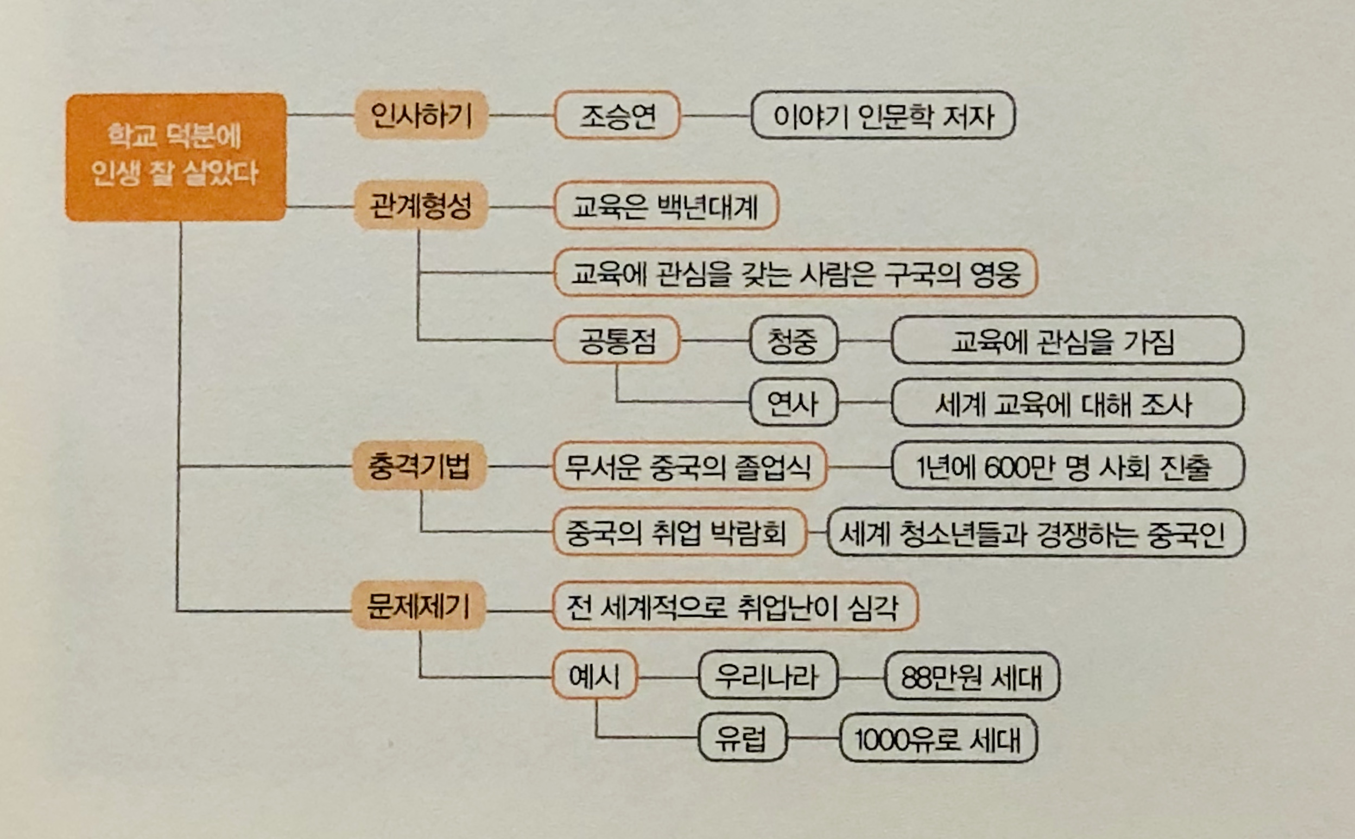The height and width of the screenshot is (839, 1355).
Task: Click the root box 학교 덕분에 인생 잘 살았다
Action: [175, 156]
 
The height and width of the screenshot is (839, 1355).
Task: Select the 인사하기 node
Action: [421, 115]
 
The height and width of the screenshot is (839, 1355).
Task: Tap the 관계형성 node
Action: [420, 205]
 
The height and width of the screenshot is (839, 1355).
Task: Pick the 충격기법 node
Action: [419, 465]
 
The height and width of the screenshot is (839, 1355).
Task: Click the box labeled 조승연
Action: [617, 116]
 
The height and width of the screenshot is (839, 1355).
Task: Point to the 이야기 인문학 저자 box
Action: [883, 116]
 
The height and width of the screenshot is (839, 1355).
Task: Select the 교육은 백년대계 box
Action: [666, 206]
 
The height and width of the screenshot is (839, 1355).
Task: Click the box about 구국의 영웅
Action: [795, 273]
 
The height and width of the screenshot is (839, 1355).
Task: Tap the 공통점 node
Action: [617, 339]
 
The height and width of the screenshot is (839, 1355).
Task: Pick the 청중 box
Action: [793, 340]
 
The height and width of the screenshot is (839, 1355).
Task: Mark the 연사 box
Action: [793, 403]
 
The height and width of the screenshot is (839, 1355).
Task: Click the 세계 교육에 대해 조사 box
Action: [1067, 403]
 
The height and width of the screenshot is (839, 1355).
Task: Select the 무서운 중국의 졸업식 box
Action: [689, 466]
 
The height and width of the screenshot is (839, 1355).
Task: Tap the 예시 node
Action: [594, 675]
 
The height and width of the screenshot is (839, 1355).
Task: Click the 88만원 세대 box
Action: [972, 676]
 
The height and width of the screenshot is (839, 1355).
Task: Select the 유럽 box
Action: [742, 738]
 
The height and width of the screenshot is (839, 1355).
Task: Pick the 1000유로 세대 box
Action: [938, 739]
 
